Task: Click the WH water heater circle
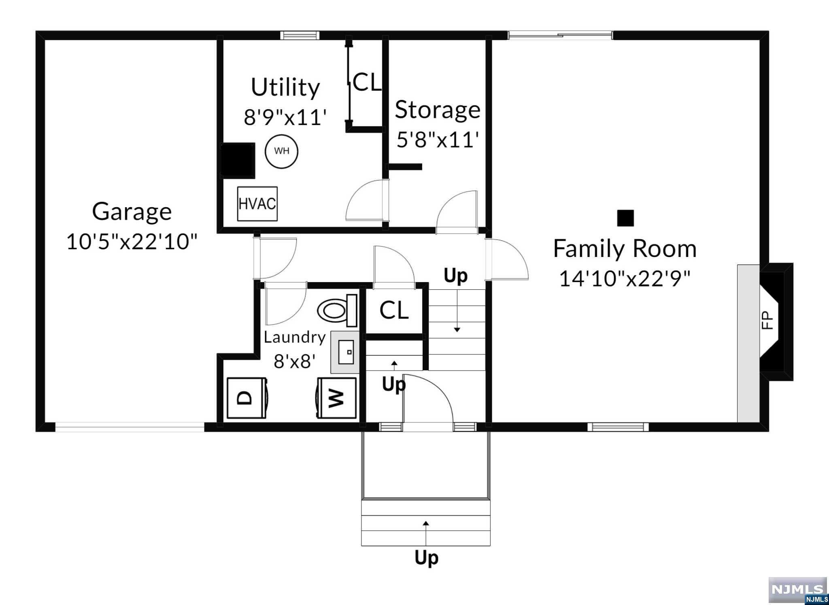281,151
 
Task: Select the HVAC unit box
257,204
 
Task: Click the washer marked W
336,398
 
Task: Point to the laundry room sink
345,352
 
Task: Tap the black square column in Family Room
625,218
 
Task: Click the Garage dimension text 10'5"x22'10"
132,242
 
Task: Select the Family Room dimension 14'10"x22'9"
624,278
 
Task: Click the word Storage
437,110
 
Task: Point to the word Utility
285,87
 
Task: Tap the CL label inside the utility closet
367,82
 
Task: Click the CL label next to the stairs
393,310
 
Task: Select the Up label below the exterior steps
426,558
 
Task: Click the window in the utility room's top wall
300,36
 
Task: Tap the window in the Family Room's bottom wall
618,427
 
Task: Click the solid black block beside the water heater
238,160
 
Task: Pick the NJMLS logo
797,590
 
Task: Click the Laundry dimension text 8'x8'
294,361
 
